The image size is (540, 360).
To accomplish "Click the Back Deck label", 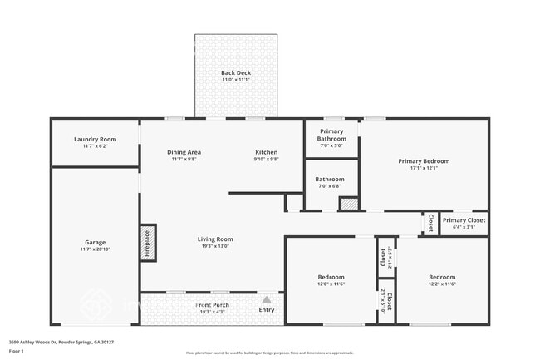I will click(236, 73).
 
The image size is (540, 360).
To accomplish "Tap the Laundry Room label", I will click(95, 140).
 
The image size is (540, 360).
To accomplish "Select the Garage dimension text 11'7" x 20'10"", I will click(95, 249).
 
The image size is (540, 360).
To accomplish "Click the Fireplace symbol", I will click(148, 243).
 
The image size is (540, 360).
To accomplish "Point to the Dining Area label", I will click(184, 152).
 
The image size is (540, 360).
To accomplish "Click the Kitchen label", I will click(266, 152).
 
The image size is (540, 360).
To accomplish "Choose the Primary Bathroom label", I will click(331, 136).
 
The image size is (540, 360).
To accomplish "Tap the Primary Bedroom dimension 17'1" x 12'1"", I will click(424, 168).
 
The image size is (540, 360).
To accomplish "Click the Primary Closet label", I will click(463, 220).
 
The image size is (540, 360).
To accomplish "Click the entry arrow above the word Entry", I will click(266, 300).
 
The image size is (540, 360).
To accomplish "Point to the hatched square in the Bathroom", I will click(348, 203).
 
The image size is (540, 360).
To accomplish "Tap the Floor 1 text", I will click(17, 352).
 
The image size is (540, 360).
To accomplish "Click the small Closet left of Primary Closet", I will click(430, 223).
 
